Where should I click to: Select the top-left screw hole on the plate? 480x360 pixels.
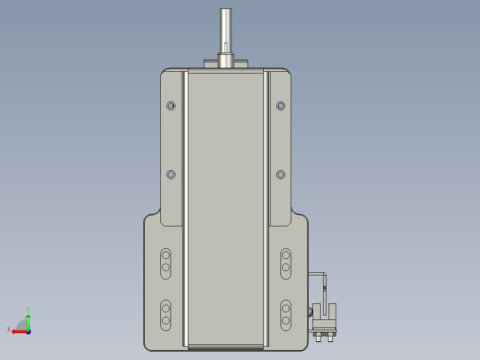coord(171,106)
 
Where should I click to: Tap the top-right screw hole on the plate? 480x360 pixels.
coord(281,106)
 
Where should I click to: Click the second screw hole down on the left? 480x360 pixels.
coord(171,175)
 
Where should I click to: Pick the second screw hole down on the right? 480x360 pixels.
coord(281,175)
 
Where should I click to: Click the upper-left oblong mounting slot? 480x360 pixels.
coord(166,263)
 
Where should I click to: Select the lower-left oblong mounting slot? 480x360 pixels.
coord(166,315)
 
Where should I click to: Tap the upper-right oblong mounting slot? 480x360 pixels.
coord(285,263)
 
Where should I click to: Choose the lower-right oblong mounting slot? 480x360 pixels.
coord(285,315)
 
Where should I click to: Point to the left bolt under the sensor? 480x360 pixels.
coord(319,339)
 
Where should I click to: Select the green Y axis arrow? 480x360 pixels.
coord(28,321)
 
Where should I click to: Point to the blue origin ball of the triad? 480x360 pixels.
coord(28,331)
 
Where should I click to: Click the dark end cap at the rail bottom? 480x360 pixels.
coord(226,347)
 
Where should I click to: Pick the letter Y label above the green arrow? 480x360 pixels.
coord(28,309)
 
